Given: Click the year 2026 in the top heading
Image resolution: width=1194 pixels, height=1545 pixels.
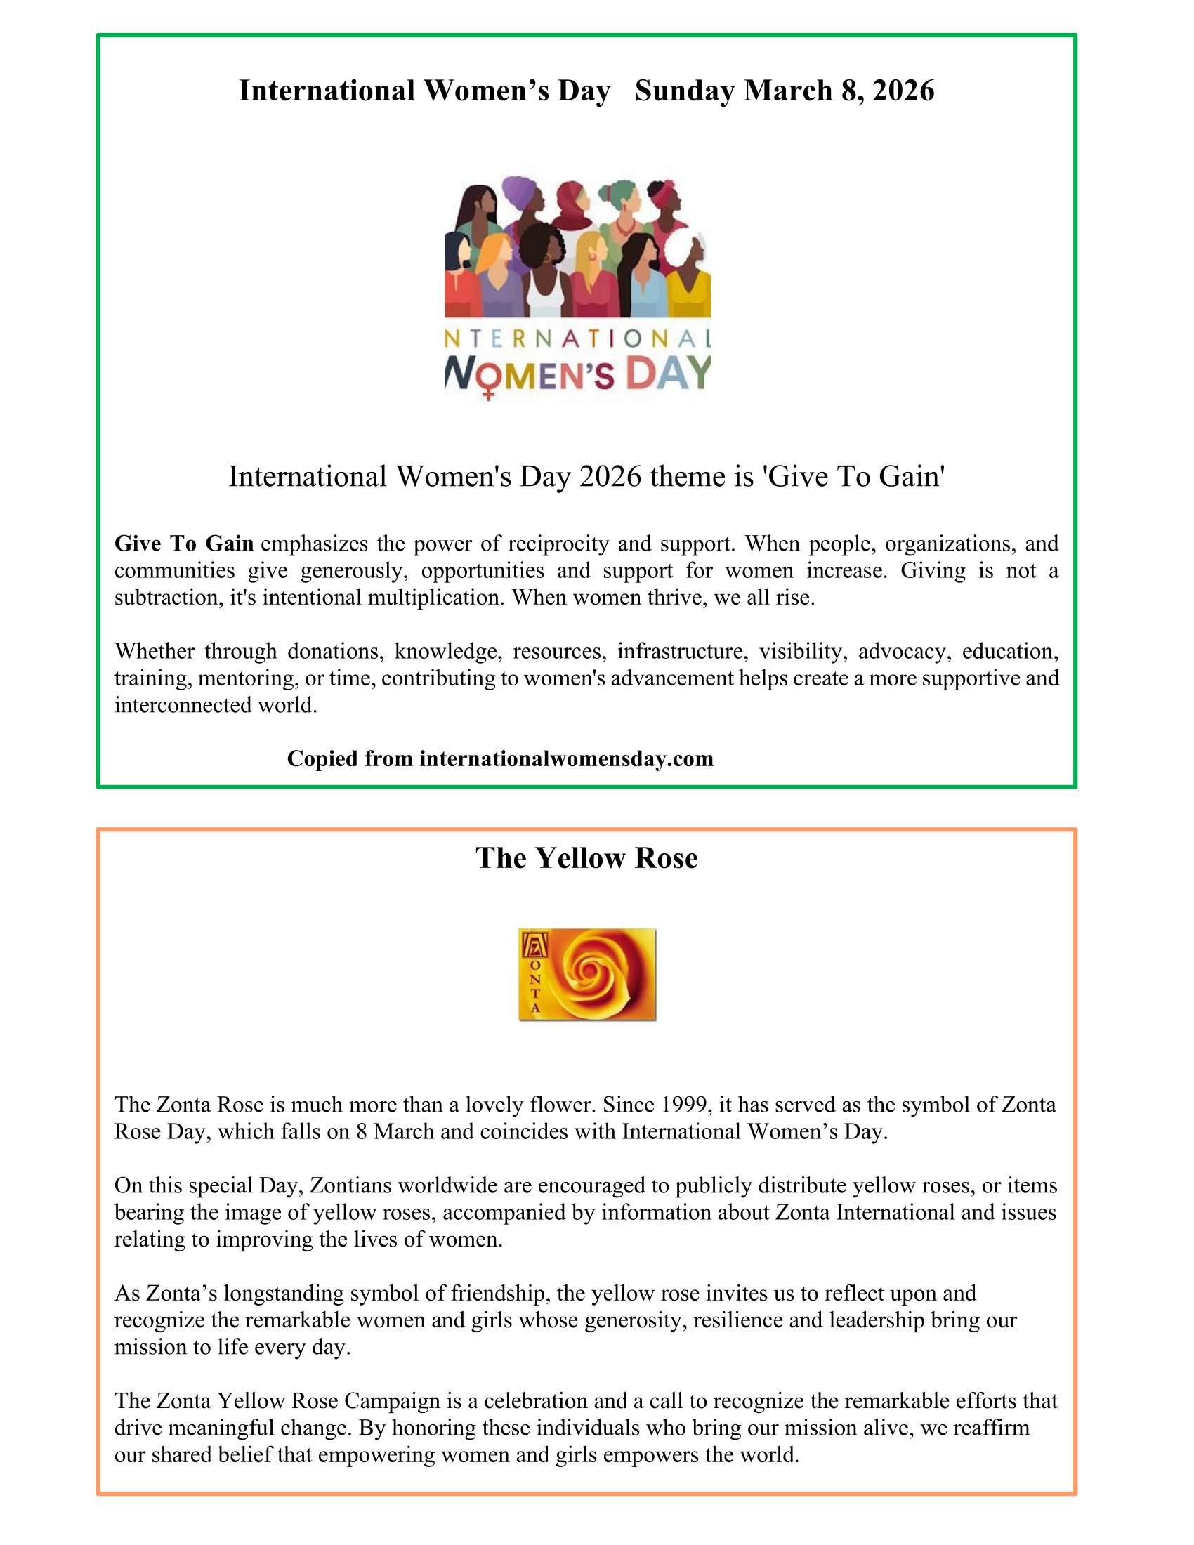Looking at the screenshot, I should pos(903,91).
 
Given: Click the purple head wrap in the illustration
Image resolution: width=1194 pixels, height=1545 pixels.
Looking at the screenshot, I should pos(519,190).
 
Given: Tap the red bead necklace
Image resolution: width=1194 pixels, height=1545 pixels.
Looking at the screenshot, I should pos(624,228).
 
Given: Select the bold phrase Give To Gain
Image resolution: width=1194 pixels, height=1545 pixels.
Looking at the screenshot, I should pos(184,544).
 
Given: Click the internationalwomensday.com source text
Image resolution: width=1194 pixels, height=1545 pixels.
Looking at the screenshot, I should pos(566,758).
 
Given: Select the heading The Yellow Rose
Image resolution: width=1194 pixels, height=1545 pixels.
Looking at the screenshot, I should pos(586,858).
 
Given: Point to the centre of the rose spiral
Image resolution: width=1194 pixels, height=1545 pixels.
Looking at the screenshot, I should pos(585,968).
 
